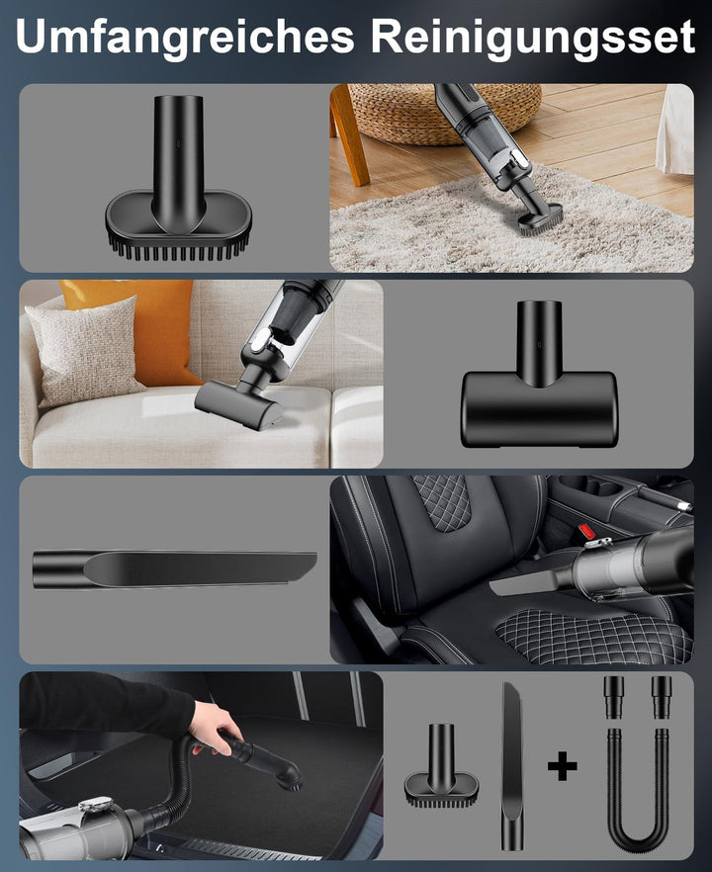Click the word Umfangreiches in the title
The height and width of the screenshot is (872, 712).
[185, 37]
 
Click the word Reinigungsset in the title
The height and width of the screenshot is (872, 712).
[533, 37]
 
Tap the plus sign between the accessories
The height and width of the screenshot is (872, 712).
[563, 766]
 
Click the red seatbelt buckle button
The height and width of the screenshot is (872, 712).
[586, 531]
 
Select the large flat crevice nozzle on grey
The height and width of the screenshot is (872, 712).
[174, 569]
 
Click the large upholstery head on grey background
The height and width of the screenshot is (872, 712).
[538, 376]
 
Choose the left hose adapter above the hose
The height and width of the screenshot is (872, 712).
[613, 697]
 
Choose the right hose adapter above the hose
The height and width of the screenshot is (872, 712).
[662, 697]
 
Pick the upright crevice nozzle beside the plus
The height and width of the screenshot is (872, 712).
[512, 766]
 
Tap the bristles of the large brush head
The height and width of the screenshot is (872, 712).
[179, 249]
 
